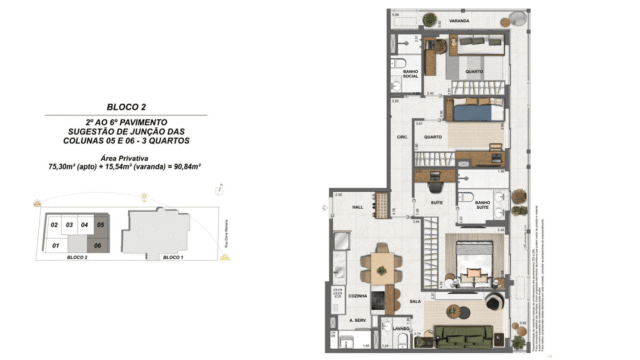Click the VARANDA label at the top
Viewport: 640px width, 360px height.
[459, 20]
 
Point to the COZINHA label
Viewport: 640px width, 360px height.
[358, 296]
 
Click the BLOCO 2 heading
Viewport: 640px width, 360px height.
[127, 106]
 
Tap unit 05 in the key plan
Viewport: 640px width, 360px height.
[100, 226]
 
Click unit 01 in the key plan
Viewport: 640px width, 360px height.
[56, 244]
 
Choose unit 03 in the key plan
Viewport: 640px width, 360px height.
[70, 226]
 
